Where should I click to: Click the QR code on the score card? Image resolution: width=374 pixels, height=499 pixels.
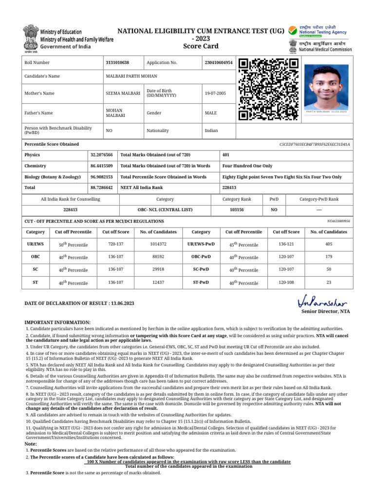[268, 89]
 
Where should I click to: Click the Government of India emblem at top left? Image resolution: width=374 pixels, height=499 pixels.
[30, 38]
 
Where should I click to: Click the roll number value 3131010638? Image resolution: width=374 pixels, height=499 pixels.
[117, 63]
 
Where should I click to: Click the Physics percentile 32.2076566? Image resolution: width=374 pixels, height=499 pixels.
[101, 154]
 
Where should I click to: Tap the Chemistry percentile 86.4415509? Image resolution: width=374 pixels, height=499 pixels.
[101, 166]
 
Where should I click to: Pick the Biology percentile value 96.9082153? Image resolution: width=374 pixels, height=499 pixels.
[101, 177]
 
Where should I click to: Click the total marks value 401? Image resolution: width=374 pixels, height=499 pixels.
[226, 154]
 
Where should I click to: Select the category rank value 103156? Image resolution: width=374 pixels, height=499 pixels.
[237, 210]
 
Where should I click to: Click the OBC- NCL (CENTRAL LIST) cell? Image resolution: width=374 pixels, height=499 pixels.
[165, 210]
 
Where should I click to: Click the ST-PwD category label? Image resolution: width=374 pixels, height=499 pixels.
[201, 282]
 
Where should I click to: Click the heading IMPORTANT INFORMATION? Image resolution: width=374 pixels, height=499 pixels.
[57, 323]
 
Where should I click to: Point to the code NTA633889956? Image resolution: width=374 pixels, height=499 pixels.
[338, 221]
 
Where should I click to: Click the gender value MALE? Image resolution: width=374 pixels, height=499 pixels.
[211, 113]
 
